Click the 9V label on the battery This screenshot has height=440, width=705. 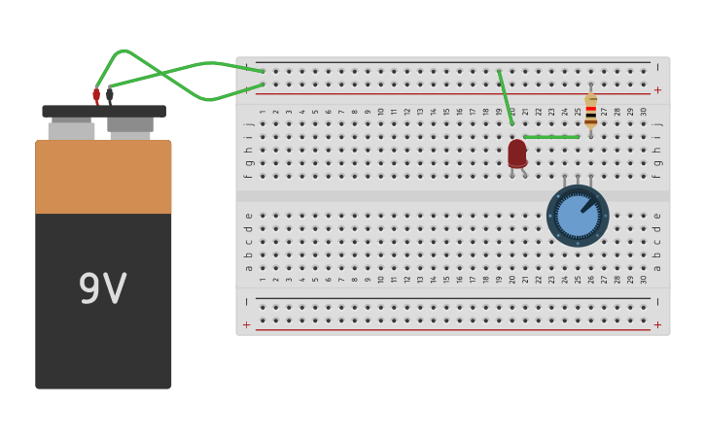point(102,289)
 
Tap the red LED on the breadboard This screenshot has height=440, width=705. point(517,152)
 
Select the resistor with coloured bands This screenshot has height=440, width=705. point(590,110)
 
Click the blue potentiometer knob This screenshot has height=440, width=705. point(578,216)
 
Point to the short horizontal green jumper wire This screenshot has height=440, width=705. point(551,137)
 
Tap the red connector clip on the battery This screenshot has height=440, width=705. point(96,94)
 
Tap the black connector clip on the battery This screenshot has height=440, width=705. point(110,94)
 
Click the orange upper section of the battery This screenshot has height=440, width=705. point(103,177)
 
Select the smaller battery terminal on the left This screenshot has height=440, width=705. point(71,129)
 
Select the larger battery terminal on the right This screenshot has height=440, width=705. point(130,125)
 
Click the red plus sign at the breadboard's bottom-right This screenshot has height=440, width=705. point(657,324)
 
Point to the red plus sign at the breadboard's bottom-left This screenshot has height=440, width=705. point(247,324)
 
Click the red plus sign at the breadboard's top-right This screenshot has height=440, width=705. point(657,89)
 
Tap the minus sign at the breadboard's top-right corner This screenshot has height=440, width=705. point(657,67)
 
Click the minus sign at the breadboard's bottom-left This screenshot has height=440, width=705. point(247,302)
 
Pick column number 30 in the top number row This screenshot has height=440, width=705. point(644,112)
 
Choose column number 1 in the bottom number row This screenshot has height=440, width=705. point(263,279)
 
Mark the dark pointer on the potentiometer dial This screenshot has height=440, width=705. point(588,205)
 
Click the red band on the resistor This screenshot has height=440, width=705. point(590,109)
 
